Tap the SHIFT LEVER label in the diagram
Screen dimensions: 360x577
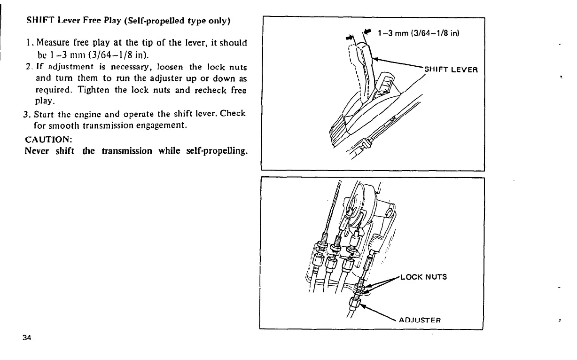(x=451, y=70)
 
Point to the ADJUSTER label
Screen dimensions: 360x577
(x=419, y=321)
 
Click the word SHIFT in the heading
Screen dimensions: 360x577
(x=37, y=22)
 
